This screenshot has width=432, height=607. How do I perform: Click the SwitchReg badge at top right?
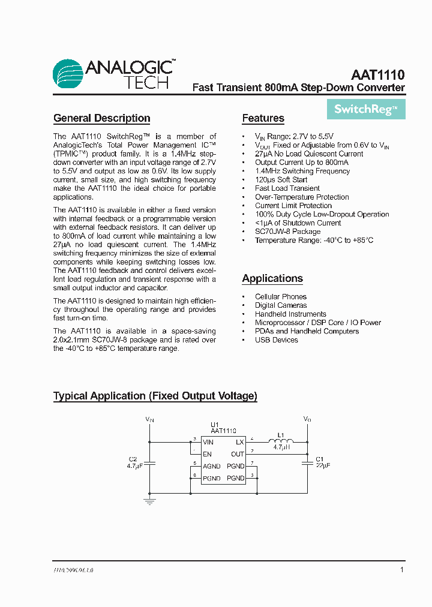pyautogui.click(x=365, y=109)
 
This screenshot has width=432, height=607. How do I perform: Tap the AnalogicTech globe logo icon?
pyautogui.click(x=67, y=74)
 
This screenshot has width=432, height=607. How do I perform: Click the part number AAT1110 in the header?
pyautogui.click(x=377, y=75)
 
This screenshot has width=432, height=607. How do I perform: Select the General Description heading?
pyautogui.click(x=101, y=118)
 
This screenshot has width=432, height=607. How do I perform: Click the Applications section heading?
pyautogui.click(x=272, y=278)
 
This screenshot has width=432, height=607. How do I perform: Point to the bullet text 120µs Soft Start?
pyautogui.click(x=281, y=179)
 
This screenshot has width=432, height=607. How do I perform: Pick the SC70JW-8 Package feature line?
pyautogui.click(x=287, y=232)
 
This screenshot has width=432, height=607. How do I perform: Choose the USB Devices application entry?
pyautogui.click(x=276, y=340)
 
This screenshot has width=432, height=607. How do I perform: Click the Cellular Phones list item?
pyautogui.click(x=280, y=297)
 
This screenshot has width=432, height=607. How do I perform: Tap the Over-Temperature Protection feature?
pyautogui.click(x=302, y=197)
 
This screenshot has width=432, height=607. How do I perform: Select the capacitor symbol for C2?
pyautogui.click(x=149, y=462)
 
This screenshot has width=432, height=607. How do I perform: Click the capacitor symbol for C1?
pyautogui.click(x=307, y=462)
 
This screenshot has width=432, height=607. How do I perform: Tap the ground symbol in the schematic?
pyautogui.click(x=149, y=500)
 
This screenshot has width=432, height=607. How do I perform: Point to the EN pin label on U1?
pyautogui.click(x=207, y=454)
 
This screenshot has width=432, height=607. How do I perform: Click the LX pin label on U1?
pyautogui.click(x=240, y=442)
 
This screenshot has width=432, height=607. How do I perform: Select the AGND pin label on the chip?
pyautogui.click(x=211, y=466)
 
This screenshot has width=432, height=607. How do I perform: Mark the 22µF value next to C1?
pyautogui.click(x=323, y=465)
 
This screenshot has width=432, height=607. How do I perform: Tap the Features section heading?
pyautogui.click(x=263, y=118)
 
